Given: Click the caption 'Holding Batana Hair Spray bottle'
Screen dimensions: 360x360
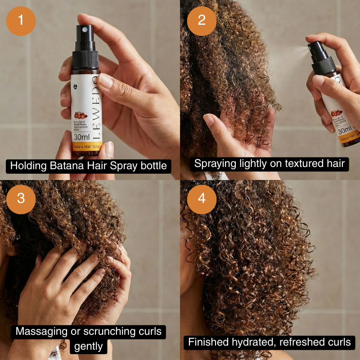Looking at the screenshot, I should (x=88, y=166).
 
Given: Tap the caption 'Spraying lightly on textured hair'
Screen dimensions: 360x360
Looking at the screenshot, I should (x=269, y=163).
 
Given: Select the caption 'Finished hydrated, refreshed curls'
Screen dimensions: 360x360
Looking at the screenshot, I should (x=269, y=342).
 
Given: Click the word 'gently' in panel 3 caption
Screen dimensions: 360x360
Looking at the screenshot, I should (x=88, y=347).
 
